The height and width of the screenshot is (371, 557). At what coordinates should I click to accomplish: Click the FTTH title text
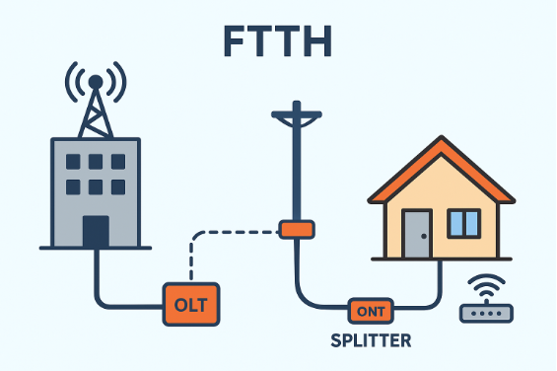point(278,41)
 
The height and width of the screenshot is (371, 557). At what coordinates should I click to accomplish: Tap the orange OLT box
point(191,304)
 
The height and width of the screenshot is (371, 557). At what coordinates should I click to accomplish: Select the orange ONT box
point(371,311)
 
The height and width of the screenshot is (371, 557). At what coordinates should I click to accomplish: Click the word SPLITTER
point(371,340)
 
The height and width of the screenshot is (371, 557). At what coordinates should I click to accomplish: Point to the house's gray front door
point(417,234)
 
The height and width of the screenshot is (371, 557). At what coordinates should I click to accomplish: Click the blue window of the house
point(463,223)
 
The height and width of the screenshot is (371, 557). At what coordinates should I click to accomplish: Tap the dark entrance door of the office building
point(96,231)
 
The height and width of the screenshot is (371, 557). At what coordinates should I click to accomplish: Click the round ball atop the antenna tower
point(96,82)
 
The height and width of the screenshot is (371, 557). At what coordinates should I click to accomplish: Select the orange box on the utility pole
point(297,230)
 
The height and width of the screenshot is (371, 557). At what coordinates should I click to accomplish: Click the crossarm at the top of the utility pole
point(297,114)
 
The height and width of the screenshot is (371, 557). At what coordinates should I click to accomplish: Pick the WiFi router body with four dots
point(486,314)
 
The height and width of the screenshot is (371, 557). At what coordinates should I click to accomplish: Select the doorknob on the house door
point(424,236)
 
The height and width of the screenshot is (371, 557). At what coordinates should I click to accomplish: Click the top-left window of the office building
point(73,162)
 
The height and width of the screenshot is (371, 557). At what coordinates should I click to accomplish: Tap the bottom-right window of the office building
point(118,187)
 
